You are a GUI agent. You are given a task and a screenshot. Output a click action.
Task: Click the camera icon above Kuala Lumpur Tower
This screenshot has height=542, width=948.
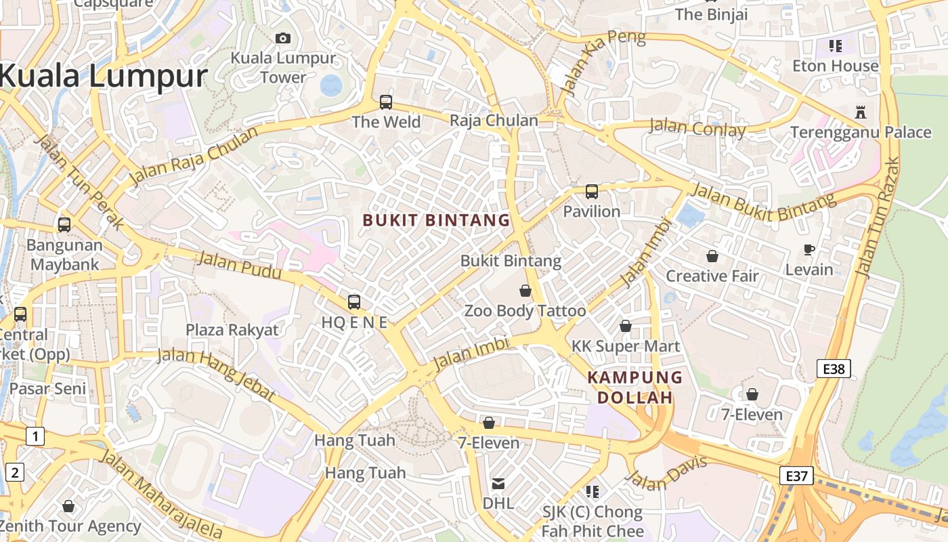[x=283, y=39]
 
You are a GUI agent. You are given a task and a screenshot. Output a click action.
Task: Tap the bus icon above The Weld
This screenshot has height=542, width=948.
[x=386, y=102]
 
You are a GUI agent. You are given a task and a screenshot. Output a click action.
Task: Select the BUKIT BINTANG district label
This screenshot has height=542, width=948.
[x=436, y=220]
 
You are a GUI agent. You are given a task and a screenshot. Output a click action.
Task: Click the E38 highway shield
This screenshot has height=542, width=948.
[x=834, y=369]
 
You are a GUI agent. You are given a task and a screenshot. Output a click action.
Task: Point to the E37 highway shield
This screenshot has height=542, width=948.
[x=796, y=476]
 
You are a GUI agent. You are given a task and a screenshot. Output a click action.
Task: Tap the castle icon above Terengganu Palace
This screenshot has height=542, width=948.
[x=861, y=112]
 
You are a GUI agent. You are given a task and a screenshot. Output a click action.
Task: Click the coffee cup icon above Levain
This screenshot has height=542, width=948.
[x=809, y=249]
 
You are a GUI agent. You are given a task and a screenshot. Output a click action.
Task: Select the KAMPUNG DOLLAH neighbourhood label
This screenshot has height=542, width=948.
[x=634, y=388]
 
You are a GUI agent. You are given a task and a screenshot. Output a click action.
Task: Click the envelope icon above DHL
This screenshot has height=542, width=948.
[x=498, y=484]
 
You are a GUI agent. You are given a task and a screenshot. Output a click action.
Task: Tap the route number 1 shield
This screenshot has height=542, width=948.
[x=35, y=436]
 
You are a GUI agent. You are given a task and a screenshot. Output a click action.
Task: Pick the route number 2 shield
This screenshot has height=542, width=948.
[x=14, y=472]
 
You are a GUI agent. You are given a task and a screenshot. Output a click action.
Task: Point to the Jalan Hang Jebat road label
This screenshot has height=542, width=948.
[x=217, y=375]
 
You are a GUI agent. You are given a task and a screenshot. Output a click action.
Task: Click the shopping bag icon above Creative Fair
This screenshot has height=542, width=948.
[x=712, y=256]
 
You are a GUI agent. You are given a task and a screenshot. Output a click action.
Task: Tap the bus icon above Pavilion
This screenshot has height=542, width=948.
[x=592, y=192]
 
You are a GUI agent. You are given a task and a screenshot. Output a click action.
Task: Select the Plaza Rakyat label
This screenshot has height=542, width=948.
[x=232, y=330]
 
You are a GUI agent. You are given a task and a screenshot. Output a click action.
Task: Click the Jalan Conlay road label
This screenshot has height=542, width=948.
[x=697, y=127]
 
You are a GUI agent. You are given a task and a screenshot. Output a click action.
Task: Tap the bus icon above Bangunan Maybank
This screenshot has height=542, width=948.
[x=64, y=225]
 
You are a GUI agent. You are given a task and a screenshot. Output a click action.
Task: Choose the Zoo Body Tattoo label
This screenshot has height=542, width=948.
[x=525, y=311]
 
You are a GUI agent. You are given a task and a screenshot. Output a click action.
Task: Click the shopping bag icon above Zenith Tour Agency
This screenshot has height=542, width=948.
[x=68, y=506]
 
